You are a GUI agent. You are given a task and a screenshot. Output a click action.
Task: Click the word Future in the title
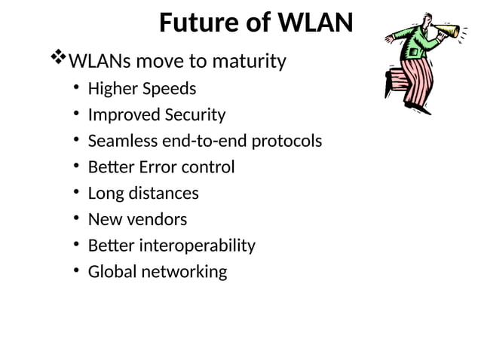(x=195, y=23)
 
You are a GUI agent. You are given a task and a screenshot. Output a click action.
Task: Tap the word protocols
(x=286, y=142)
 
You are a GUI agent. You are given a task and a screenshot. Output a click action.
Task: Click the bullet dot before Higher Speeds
(x=77, y=89)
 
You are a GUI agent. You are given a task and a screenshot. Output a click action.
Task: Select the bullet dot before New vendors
(x=77, y=219)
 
